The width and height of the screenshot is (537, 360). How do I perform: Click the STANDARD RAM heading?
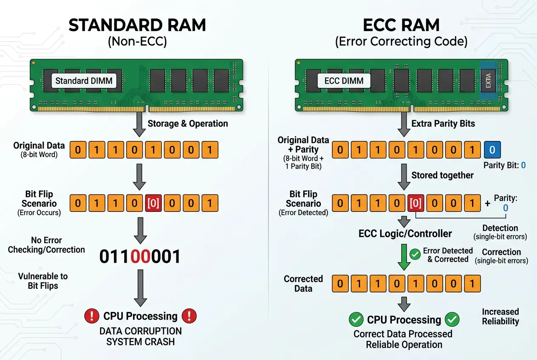point(137,25)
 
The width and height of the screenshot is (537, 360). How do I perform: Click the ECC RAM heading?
point(401,25)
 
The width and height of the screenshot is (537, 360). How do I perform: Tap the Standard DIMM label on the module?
point(84,81)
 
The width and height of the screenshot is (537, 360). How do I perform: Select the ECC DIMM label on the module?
point(344,81)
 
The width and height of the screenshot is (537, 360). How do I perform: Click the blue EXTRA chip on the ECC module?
point(488,81)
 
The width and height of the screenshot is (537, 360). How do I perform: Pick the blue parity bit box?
point(492,150)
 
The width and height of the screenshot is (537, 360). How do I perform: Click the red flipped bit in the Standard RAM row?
point(153,203)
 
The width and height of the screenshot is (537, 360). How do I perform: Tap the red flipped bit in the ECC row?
point(415,203)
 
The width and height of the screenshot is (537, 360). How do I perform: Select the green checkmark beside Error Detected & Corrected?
point(415,255)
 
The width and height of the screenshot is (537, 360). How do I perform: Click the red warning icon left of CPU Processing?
point(91,316)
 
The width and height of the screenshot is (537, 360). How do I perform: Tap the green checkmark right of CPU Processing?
point(452,319)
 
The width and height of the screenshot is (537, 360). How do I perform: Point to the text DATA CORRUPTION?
point(140,331)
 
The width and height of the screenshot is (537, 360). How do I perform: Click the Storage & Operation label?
point(187,124)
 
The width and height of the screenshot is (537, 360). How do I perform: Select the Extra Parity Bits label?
point(443,124)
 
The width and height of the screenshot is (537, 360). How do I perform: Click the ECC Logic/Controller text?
point(405,233)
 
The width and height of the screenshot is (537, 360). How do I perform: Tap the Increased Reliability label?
point(500,317)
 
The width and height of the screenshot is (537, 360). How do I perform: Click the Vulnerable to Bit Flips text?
point(43,281)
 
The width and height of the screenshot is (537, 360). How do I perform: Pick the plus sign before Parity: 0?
point(487,204)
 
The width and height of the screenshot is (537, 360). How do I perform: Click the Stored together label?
point(442,175)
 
